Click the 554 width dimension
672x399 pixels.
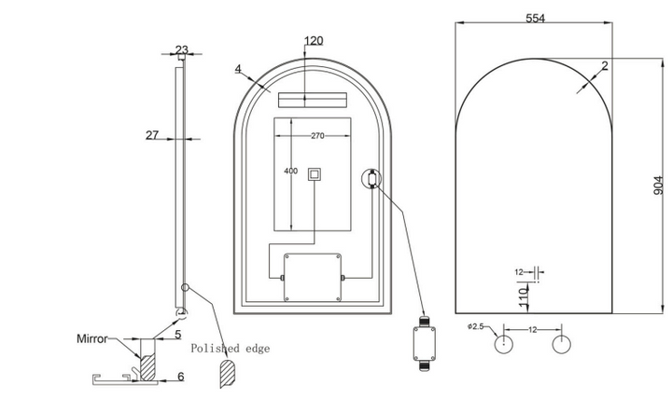535,18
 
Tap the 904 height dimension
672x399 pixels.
658,185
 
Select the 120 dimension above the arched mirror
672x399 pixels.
314,41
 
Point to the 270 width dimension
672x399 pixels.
317,136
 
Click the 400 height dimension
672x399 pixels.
290,171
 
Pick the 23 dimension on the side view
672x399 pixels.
182,48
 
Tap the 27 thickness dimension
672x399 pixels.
152,135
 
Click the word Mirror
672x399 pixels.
92,338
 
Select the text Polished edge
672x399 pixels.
231,348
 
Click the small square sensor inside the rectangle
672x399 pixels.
315,173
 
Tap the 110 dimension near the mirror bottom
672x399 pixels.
524,297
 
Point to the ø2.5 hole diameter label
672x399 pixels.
475,326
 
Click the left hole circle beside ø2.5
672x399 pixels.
504,344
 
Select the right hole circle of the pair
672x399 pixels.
561,344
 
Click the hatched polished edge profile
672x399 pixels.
227,373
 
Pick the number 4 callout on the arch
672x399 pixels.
238,68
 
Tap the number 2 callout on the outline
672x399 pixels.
605,65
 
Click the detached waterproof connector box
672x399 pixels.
425,343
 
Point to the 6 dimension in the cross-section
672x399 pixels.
181,377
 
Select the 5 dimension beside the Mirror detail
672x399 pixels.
178,335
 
